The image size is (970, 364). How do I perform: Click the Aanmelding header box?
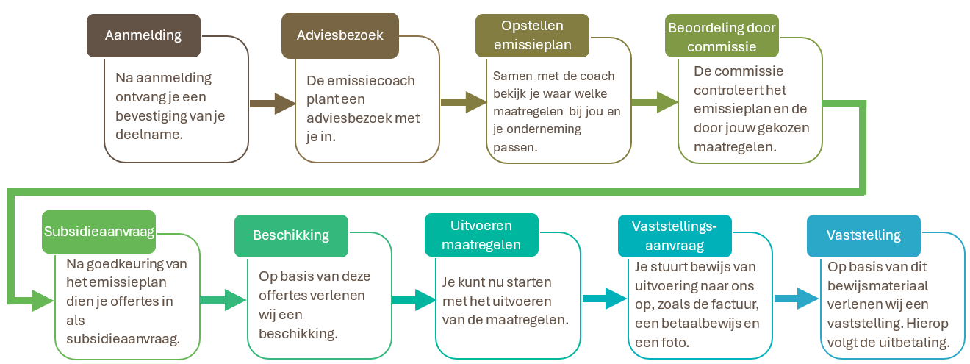(143, 35)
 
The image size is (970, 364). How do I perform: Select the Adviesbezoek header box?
(340, 35)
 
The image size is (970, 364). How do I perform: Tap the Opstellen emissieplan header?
(532, 35)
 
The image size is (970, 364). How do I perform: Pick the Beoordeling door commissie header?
(722, 35)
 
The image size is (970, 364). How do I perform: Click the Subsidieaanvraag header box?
(98, 232)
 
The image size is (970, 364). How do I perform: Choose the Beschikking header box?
(291, 236)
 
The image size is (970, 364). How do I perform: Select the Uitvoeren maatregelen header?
(481, 235)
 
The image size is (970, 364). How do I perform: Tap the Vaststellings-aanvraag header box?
(675, 236)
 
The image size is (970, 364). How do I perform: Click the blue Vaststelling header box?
(863, 236)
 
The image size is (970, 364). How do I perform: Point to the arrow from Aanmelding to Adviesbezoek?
(273, 104)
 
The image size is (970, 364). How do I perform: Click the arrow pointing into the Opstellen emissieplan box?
(464, 102)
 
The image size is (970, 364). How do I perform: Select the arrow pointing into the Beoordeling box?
(655, 102)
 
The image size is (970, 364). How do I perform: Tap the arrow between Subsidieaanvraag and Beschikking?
(223, 300)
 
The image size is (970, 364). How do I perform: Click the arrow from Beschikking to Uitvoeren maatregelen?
(414, 300)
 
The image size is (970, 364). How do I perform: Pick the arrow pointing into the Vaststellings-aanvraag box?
(605, 299)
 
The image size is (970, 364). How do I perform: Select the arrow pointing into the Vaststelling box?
(797, 299)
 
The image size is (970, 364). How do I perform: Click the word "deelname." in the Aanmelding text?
(149, 135)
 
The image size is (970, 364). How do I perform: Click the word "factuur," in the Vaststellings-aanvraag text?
(732, 304)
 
